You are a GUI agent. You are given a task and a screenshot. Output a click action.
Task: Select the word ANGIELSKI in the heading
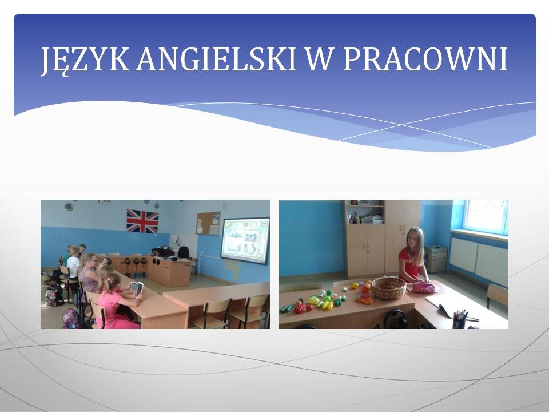pos(216,59)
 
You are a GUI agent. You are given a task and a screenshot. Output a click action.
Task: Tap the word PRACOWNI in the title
pos(425,59)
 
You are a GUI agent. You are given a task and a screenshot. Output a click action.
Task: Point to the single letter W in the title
pos(319,59)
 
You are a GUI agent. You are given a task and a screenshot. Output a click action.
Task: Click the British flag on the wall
pos(142,221)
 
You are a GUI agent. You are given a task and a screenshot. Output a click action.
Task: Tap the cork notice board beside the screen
pos(208,223)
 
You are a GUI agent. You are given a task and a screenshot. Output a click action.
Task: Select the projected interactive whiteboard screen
pos(245,241)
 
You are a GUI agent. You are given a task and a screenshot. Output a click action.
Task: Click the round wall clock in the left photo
pos(69,207)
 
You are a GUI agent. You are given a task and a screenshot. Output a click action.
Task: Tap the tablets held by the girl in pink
pos(137,288)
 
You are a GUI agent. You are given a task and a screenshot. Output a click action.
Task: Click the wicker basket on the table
pos(389,288)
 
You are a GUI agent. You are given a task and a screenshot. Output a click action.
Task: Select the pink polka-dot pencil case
pos(423,288)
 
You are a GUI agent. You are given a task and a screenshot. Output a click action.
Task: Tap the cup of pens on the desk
pos(460,319)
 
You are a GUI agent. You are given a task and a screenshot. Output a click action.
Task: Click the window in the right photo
pos(486,217)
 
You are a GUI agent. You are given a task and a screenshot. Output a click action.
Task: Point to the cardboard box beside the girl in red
pos(436,259)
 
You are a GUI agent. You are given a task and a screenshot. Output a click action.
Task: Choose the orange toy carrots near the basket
pos(364,300)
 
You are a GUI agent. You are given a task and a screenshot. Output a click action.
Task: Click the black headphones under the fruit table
pos(395,319)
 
